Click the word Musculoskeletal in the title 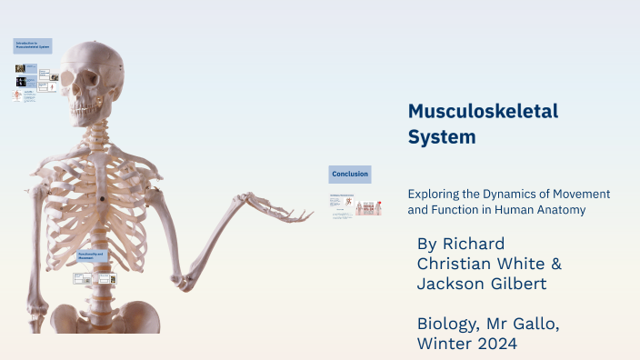(483, 112)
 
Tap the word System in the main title (442, 137)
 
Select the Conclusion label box (350, 174)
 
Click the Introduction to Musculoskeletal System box (32, 45)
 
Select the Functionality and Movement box (92, 256)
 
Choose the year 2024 (499, 344)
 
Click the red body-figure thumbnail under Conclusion (368, 208)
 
